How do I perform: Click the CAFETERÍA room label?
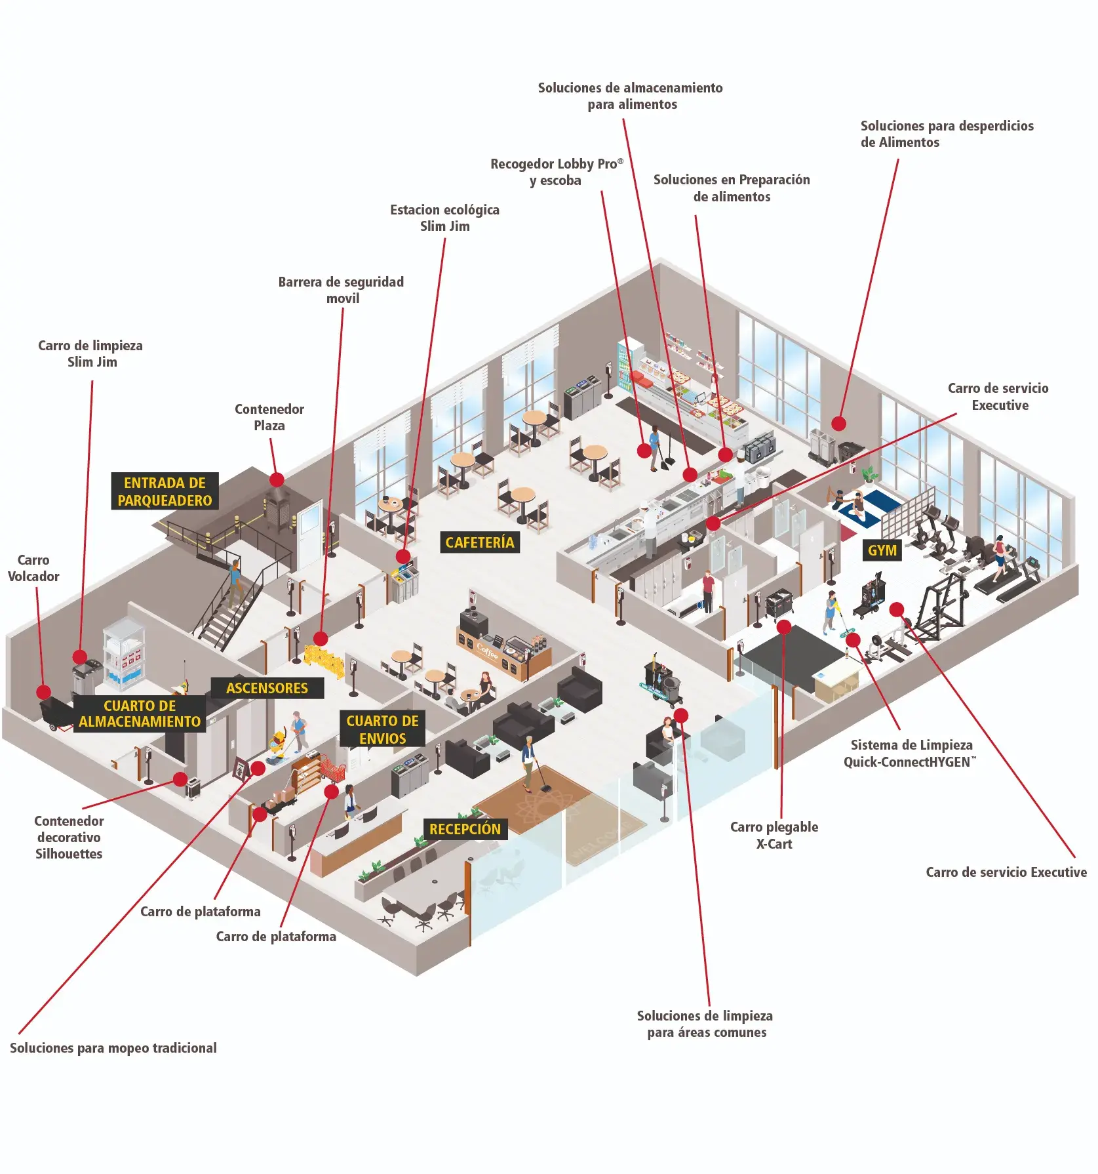[479, 542]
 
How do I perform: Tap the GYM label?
[882, 550]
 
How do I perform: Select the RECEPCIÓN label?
[465, 829]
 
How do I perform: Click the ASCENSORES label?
[267, 688]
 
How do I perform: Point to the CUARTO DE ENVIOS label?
[382, 729]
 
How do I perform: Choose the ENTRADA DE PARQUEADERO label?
[165, 491]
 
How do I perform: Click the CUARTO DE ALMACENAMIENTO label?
[140, 714]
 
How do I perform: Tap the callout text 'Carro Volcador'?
[33, 568]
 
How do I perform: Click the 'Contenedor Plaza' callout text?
[269, 417]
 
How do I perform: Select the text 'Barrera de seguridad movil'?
[342, 290]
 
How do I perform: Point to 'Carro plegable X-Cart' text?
[774, 835]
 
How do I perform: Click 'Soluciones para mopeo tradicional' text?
[113, 1048]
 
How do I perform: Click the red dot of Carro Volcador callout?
[43, 691]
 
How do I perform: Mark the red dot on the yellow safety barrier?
[321, 638]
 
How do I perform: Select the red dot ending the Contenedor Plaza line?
[277, 479]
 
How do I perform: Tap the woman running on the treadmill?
[998, 554]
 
